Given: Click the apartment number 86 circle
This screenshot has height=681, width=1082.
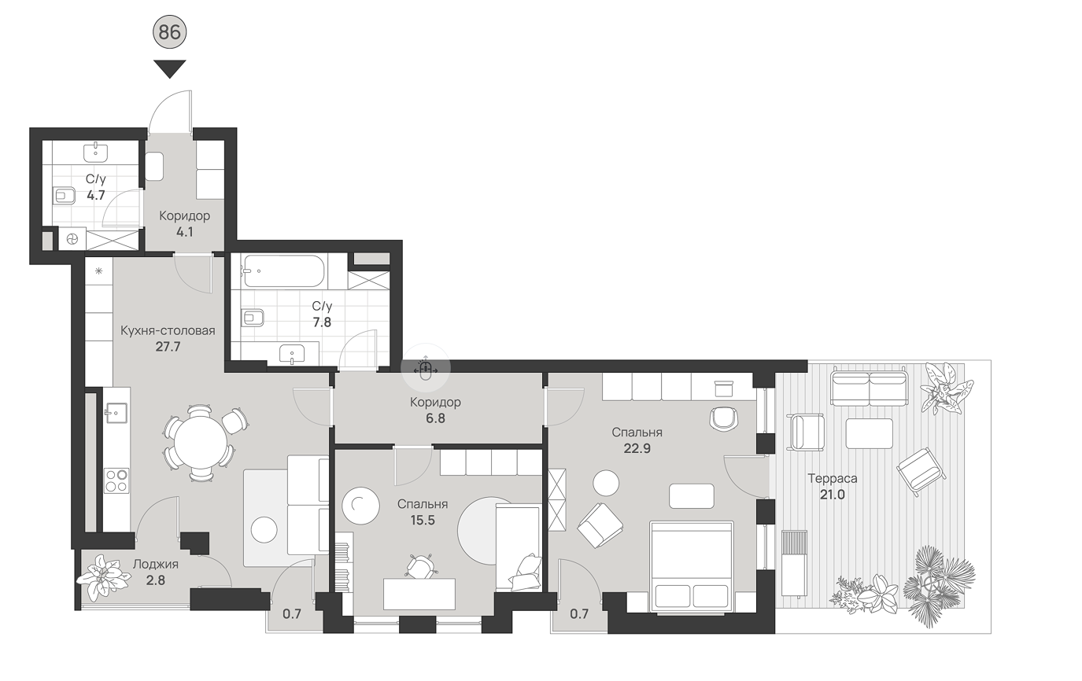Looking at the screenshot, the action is coord(169,32).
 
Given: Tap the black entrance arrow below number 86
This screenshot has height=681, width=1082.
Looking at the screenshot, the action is coord(169,69).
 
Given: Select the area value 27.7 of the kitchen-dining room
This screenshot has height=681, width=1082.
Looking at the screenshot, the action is coord(168,347).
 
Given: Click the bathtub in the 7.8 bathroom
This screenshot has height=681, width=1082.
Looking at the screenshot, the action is coord(286,271).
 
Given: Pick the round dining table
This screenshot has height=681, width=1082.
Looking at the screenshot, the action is coord(201,443).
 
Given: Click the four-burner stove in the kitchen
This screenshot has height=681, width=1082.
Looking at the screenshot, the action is coord(117,480).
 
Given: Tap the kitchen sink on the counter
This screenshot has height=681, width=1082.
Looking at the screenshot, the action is coord(116,413).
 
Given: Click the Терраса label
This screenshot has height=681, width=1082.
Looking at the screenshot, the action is coord(833,478).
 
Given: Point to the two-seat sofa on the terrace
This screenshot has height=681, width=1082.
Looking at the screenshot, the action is coord(869,388).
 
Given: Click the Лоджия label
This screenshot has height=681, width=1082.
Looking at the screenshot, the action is coord(156,564).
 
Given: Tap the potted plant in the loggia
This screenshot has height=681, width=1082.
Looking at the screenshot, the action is coord(104,577).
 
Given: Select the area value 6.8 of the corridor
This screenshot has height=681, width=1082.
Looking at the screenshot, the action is coord(435,418).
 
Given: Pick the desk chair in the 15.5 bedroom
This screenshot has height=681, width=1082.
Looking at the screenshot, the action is coord(420,566).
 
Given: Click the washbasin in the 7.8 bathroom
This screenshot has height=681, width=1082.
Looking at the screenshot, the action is coord(292,354).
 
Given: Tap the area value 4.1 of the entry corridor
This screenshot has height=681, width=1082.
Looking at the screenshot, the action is coord(184,232).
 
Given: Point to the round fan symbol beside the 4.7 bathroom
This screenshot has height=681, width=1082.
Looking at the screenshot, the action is coord(72,239).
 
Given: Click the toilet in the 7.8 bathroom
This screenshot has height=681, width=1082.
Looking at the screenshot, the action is coord(253,317).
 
